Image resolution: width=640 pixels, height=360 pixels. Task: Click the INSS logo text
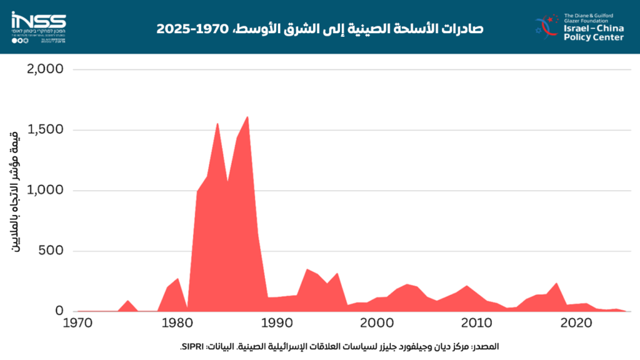click(x=38, y=19)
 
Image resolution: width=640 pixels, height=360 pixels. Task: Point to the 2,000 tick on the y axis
click(x=46, y=69)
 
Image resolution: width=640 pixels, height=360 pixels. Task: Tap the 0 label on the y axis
click(x=60, y=311)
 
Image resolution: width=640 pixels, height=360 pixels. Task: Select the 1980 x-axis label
click(x=177, y=324)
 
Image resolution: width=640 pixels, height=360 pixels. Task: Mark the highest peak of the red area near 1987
click(x=247, y=117)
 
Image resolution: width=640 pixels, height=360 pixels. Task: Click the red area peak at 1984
click(x=217, y=124)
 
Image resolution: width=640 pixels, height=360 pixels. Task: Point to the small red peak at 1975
click(x=127, y=301)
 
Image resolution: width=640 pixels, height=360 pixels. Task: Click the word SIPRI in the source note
click(x=191, y=346)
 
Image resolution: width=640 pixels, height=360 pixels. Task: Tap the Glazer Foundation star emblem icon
click(x=547, y=25)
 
